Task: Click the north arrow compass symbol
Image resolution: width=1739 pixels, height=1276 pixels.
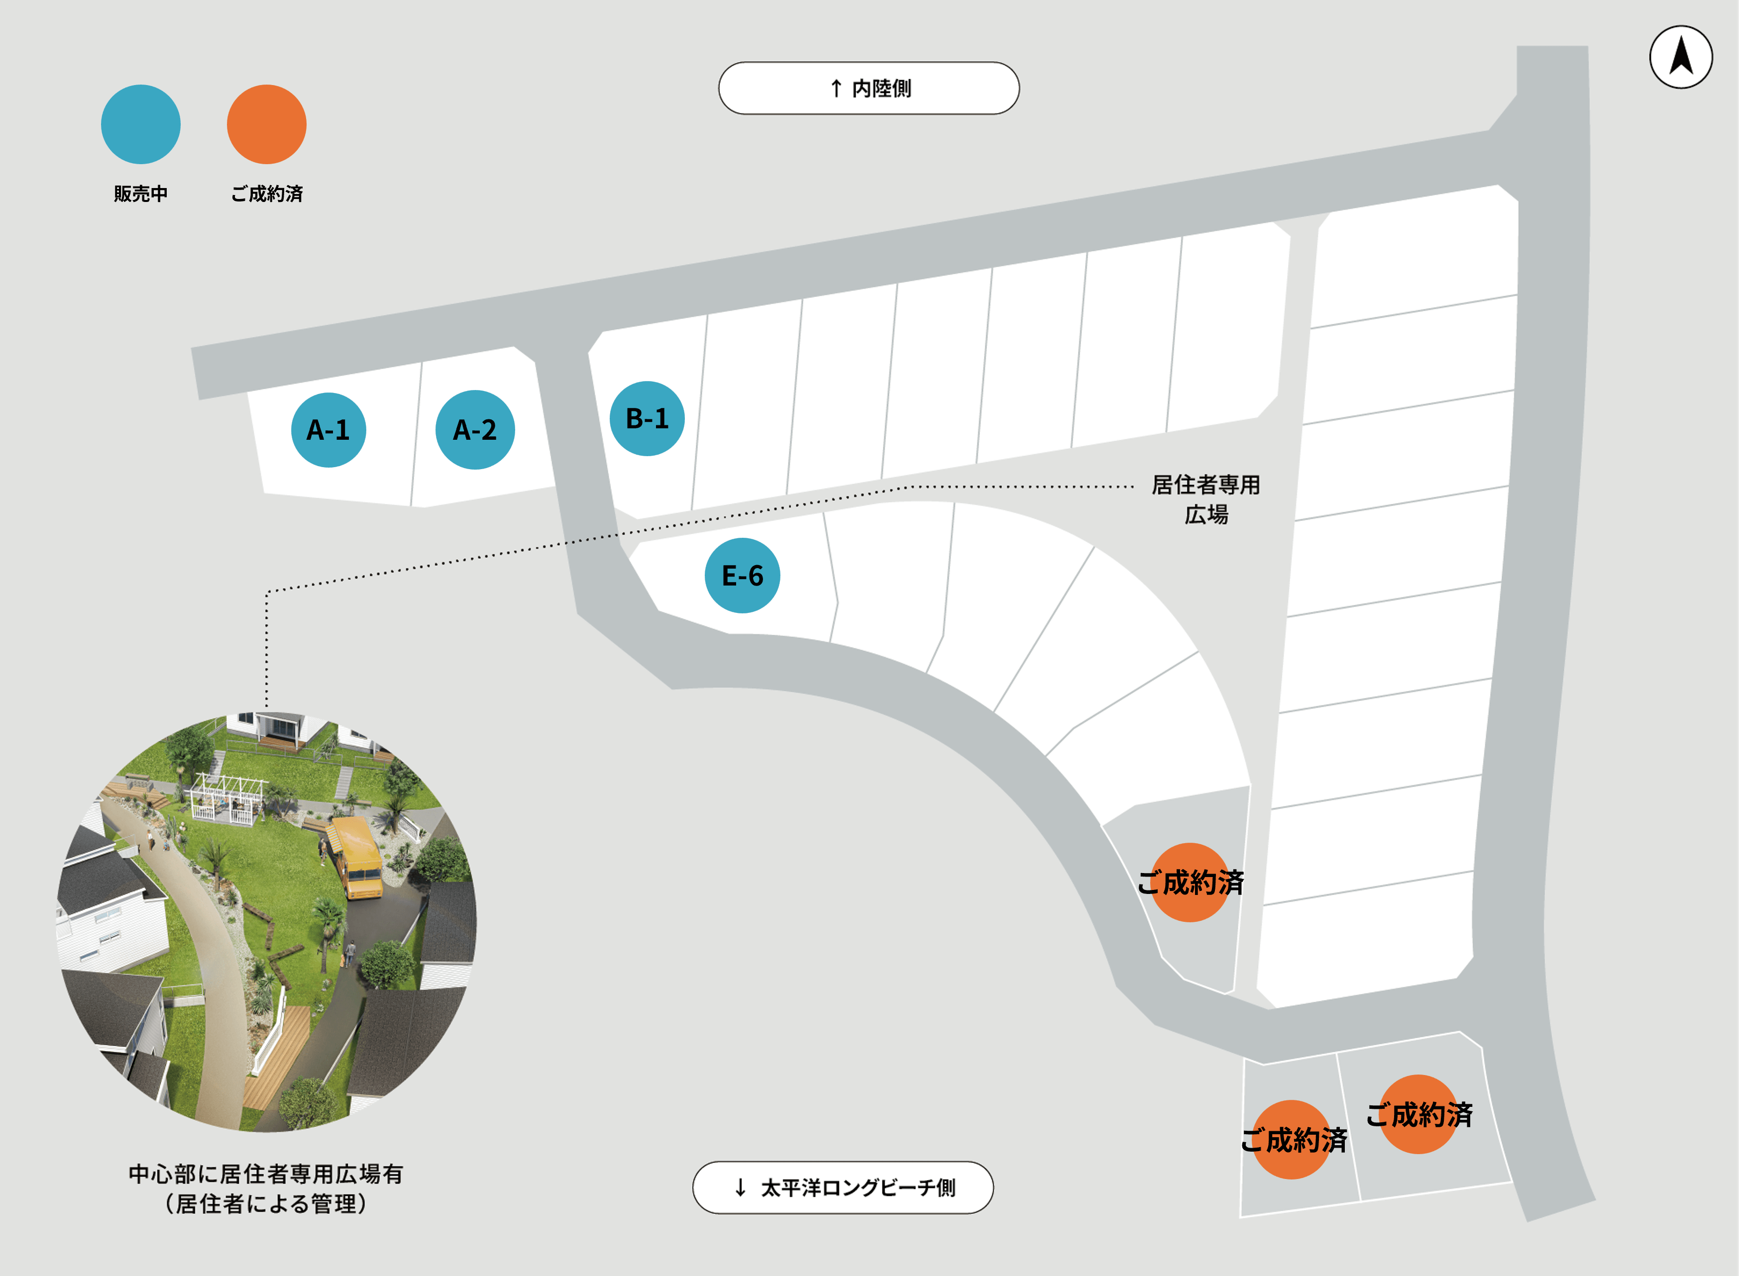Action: tap(1681, 57)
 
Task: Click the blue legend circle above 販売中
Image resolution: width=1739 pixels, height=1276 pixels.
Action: tap(141, 124)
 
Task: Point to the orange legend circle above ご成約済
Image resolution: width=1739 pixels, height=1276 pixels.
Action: tap(267, 124)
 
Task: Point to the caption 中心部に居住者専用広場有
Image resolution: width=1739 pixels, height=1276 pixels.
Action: tap(266, 1174)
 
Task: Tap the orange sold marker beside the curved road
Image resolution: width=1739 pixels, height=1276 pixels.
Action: tap(1191, 882)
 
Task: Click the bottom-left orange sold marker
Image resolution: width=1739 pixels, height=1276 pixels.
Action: tap(1293, 1139)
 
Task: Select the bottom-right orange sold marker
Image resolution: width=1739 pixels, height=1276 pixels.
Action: tap(1419, 1114)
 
